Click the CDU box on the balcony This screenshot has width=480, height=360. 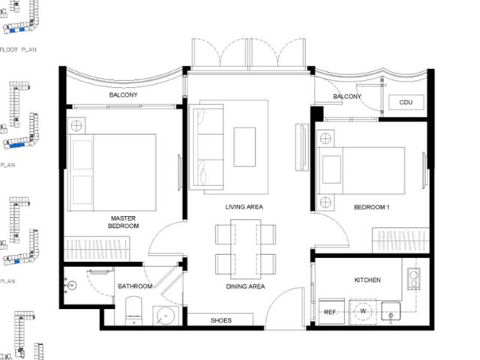tap(406, 102)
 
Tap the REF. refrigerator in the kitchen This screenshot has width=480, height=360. tap(331, 312)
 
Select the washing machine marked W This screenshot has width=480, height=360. tap(363, 312)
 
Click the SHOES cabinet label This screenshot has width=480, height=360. tap(220, 320)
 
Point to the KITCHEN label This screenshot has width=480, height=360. tap(367, 280)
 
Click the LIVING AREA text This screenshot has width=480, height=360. tap(244, 207)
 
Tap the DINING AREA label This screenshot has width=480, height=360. tap(245, 286)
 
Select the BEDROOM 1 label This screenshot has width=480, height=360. tap(371, 207)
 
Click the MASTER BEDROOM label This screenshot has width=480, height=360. tap(123, 222)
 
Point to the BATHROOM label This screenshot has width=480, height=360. tap(135, 286)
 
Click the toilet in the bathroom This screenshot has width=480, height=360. tap(133, 310)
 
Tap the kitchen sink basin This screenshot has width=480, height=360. tap(391, 312)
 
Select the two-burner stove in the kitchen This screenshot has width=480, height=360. tap(413, 278)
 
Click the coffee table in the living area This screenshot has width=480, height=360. tap(244, 147)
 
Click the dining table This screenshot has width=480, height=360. tap(246, 249)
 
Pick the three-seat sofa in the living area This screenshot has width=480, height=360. tap(206, 147)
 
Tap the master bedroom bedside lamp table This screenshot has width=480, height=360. tap(76, 125)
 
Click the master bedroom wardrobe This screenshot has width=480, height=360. tap(97, 249)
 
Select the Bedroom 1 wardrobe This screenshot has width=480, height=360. tap(400, 240)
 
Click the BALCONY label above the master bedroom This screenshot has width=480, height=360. tap(123, 95)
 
